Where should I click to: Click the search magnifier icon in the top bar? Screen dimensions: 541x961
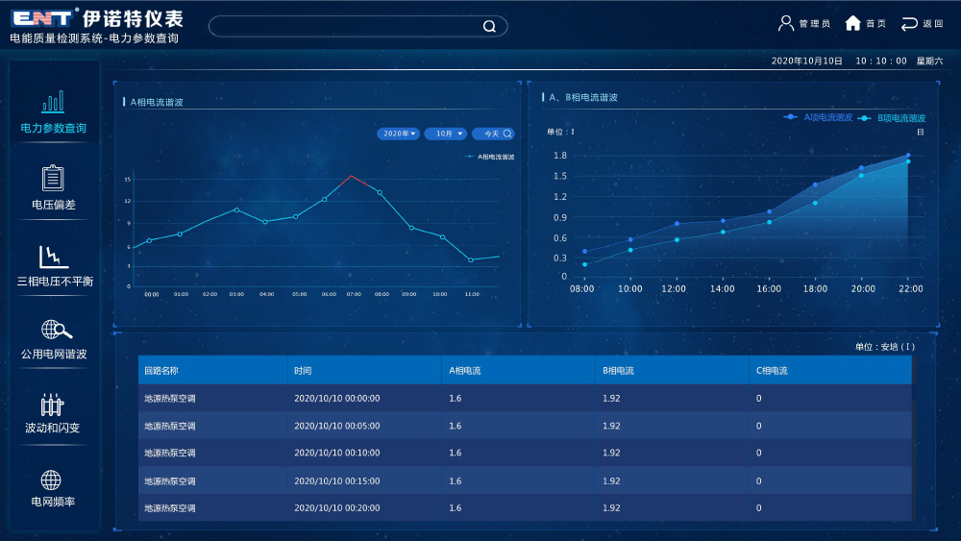[x=489, y=27]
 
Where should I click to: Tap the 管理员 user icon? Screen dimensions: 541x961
[x=786, y=23]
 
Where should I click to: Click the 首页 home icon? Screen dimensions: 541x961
[x=852, y=23]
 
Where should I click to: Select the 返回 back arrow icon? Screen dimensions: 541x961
[x=909, y=23]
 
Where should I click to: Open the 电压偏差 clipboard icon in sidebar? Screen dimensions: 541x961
[x=53, y=178]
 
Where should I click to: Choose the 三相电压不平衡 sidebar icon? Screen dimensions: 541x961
[x=53, y=257]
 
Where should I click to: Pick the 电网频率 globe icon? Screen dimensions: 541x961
[x=51, y=480]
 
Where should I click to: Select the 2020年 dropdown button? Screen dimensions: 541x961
[x=400, y=134]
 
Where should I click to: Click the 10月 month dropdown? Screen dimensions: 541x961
[x=446, y=134]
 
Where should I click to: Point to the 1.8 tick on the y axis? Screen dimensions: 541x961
[x=560, y=156]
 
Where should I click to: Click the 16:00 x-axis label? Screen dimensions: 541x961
[x=768, y=288]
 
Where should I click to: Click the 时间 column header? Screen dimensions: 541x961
[x=303, y=370]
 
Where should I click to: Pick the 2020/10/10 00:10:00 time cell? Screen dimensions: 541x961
[x=336, y=453]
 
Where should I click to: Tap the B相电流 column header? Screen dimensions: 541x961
[x=618, y=370]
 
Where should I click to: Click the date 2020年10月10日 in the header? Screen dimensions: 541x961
[x=806, y=61]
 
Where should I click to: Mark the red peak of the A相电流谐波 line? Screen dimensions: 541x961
[x=352, y=176]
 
